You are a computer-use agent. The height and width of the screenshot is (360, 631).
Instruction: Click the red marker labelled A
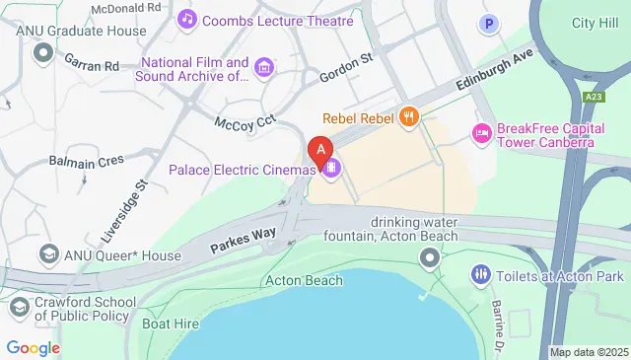(x=320, y=151)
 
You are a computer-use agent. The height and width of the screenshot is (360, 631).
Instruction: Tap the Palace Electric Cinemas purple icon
(x=332, y=169)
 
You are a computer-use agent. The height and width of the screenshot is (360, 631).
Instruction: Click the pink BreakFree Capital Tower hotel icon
(x=482, y=132)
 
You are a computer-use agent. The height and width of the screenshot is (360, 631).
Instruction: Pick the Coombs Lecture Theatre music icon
(x=186, y=19)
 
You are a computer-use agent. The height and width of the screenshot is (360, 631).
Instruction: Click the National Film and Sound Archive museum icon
(x=263, y=67)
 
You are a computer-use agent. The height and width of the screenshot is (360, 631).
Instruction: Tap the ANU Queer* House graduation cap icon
(x=46, y=255)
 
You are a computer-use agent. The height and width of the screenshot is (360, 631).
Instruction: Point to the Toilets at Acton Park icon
(x=481, y=273)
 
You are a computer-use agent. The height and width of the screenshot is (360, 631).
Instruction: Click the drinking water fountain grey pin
(x=428, y=259)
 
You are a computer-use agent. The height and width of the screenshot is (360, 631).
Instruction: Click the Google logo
(x=33, y=347)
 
